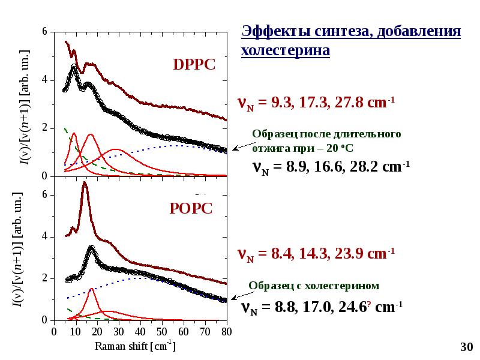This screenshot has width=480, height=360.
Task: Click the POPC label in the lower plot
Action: [191, 208]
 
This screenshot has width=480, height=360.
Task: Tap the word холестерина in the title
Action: [286, 50]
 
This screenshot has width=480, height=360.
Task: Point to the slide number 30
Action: [466, 347]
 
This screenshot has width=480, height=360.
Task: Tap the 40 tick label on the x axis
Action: [140, 331]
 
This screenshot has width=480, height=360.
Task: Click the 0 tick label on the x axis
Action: [53, 331]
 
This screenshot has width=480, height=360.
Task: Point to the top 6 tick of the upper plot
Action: [44, 31]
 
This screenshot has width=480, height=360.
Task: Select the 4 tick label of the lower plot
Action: [44, 236]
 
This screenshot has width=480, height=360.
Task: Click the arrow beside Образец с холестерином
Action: [238, 295]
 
